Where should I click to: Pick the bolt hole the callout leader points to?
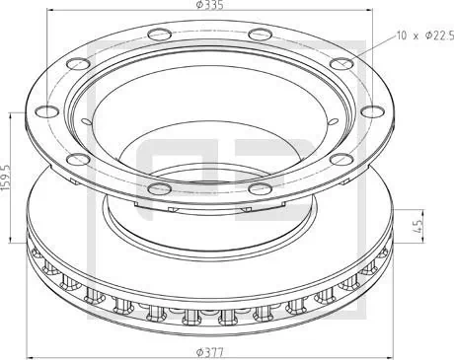tap(340, 66)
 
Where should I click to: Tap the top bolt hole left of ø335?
tap(157, 37)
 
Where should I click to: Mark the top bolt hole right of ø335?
tap(260, 37)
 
